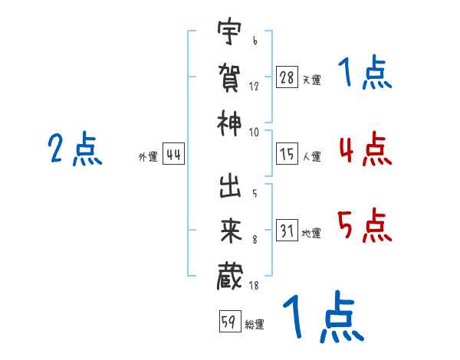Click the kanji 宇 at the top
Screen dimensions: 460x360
tap(229, 31)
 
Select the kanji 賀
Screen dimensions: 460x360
tap(229, 77)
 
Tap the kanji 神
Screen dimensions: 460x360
tap(229, 123)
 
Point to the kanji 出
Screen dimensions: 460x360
tap(230, 186)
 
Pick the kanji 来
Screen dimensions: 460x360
tap(231, 231)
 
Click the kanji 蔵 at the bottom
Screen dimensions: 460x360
tap(230, 277)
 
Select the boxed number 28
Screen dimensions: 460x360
tap(287, 77)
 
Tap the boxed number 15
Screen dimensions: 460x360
tap(287, 154)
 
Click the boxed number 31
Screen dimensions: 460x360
tap(287, 230)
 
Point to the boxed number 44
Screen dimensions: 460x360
tap(173, 154)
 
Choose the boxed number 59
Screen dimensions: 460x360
tap(230, 321)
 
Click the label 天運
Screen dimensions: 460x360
tap(311, 80)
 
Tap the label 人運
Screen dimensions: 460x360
tap(311, 156)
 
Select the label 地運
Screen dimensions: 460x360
tap(311, 234)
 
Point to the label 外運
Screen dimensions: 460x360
tap(148, 157)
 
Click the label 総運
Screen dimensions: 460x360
tap(255, 325)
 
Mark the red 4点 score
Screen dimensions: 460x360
tap(366, 149)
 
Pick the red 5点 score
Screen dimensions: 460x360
tap(365, 225)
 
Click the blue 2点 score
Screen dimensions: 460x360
tap(75, 149)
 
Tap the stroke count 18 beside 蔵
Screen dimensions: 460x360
tap(254, 285)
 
